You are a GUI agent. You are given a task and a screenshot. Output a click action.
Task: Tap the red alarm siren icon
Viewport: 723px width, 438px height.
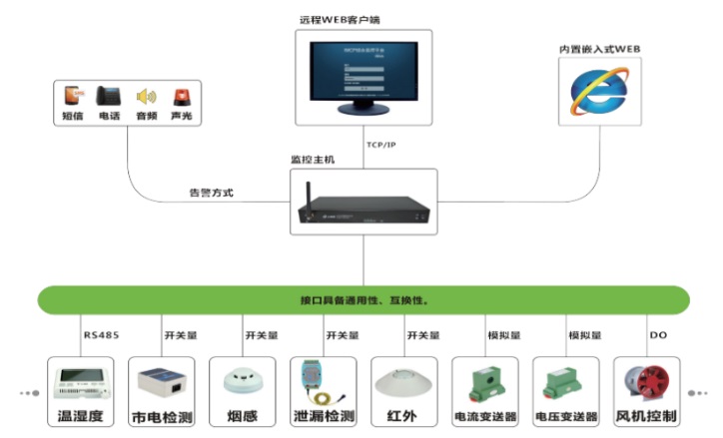click(181, 97)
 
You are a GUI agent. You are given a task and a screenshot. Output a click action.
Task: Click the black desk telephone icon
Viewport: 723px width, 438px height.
click(109, 97)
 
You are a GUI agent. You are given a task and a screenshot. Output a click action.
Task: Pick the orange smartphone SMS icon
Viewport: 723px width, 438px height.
click(71, 97)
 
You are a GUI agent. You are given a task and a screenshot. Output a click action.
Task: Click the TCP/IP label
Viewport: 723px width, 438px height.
click(381, 145)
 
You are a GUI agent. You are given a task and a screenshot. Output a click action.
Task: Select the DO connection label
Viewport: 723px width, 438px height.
click(658, 335)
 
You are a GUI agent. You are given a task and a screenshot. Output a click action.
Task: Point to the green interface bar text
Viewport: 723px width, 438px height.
click(364, 299)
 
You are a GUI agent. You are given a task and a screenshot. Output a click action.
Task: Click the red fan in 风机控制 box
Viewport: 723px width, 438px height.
click(646, 384)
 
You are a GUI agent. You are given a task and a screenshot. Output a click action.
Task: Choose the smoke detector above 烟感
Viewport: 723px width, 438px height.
click(241, 382)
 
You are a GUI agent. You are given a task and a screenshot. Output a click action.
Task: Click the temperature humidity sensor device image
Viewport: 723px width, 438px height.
click(83, 382)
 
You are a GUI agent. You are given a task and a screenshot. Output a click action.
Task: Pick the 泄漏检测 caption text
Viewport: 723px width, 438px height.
click(322, 416)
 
